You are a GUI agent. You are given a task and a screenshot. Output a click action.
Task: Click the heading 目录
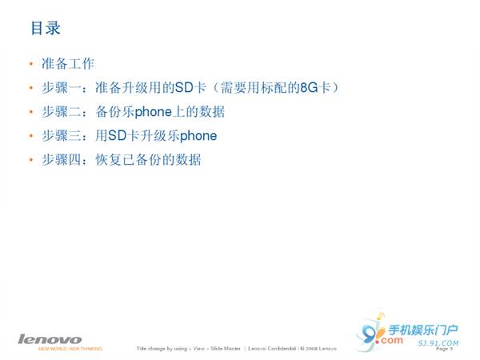[x=46, y=28]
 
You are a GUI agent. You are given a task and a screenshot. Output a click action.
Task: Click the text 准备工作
[x=67, y=63]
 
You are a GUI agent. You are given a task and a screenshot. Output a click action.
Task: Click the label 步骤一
[x=60, y=87]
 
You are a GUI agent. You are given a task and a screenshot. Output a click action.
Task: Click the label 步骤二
[x=60, y=111]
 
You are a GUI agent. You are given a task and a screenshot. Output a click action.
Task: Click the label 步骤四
[x=60, y=160]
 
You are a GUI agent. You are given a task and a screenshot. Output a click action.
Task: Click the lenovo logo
[x=50, y=339]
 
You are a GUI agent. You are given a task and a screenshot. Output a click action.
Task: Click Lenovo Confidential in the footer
[x=272, y=350]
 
